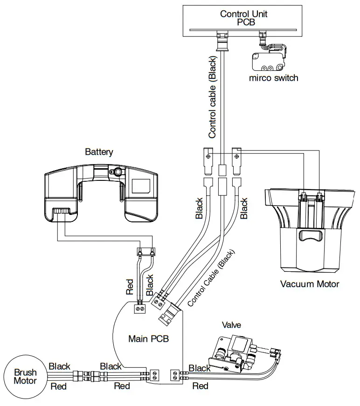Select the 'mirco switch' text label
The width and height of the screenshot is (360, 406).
point(273,78)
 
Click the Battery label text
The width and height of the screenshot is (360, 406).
point(99,152)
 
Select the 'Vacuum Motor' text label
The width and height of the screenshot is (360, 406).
point(309,284)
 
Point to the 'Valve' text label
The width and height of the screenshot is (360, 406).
point(231,325)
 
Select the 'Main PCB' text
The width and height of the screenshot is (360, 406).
point(148,339)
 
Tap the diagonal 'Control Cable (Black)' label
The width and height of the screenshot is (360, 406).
point(211,279)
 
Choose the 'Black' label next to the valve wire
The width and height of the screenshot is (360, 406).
point(200,368)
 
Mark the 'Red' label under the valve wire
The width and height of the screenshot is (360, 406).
point(201,386)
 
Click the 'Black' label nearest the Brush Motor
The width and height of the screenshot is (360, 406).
point(60,366)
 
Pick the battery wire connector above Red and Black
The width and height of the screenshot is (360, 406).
point(145,252)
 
